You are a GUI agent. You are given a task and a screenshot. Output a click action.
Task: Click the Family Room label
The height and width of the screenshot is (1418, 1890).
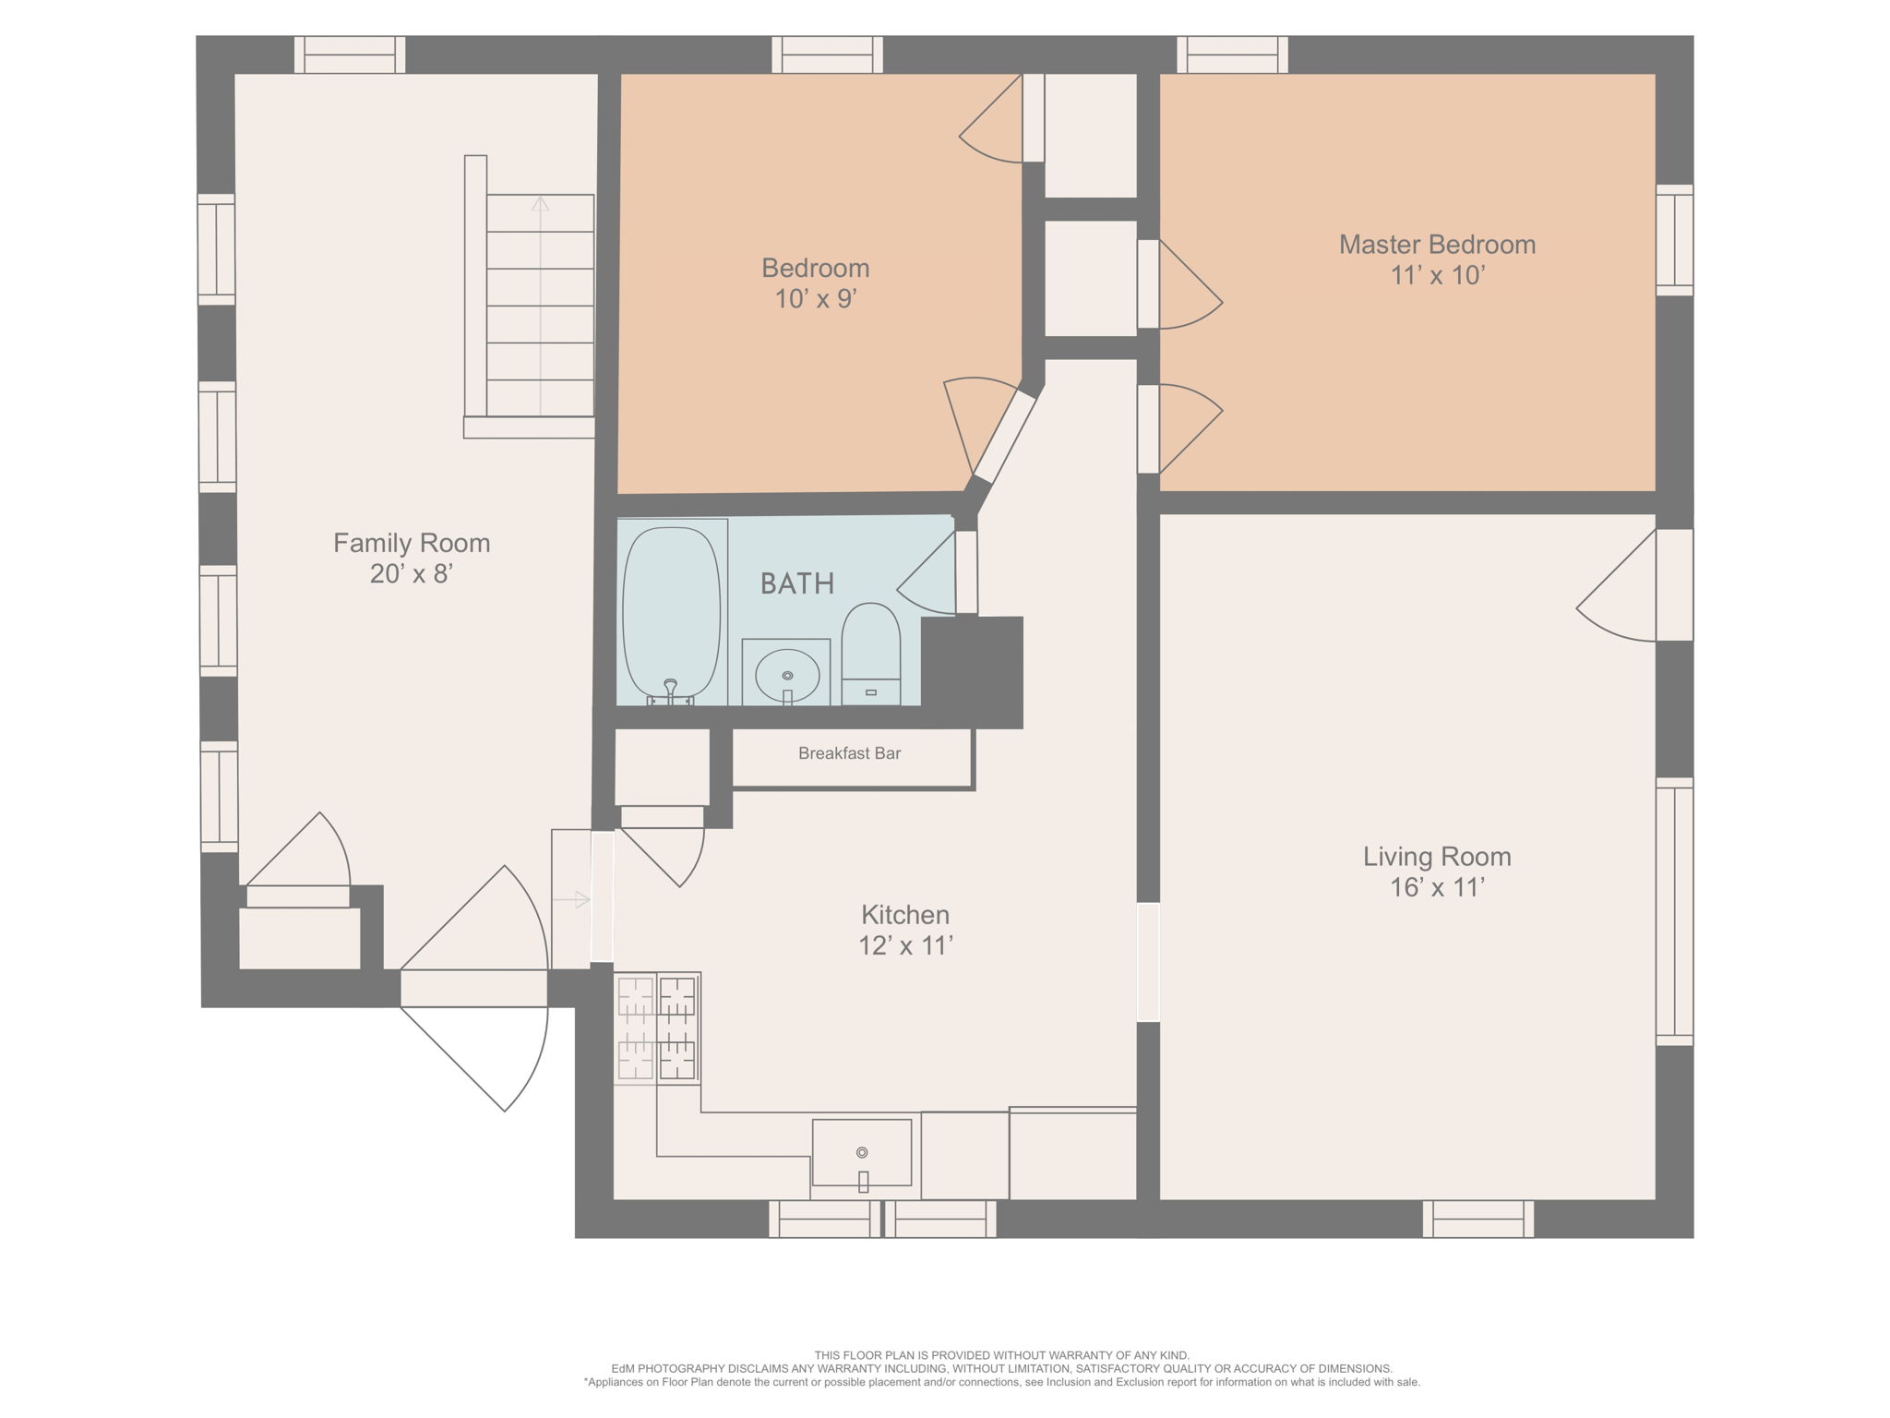click(x=412, y=543)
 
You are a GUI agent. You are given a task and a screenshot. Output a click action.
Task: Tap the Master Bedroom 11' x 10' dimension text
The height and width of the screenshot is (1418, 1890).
click(x=1437, y=275)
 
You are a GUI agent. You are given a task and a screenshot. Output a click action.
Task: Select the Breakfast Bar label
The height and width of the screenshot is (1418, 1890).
click(x=849, y=753)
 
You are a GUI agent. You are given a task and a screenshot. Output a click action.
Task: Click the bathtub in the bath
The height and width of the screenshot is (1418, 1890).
click(x=671, y=612)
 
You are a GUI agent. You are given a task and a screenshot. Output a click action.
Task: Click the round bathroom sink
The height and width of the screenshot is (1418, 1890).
click(x=787, y=676)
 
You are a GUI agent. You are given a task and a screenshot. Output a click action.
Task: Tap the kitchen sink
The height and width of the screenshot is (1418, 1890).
click(x=861, y=1153)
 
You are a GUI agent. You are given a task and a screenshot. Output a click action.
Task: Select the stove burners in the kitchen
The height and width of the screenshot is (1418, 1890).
click(x=657, y=1027)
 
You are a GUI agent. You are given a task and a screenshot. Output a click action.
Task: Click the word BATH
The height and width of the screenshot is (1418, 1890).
click(x=797, y=583)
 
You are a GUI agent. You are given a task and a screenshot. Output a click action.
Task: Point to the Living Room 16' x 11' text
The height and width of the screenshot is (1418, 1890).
click(x=1437, y=887)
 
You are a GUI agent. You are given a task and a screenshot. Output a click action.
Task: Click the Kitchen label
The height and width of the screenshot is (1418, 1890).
click(x=904, y=915)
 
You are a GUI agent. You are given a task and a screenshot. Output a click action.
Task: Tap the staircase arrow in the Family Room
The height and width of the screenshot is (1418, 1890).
click(x=540, y=205)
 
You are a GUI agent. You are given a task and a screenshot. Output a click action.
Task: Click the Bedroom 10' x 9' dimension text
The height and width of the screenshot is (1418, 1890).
click(x=816, y=299)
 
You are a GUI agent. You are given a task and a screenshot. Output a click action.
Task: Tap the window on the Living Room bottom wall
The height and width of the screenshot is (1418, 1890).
click(x=1477, y=1219)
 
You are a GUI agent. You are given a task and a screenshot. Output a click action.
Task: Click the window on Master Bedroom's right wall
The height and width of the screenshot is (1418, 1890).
click(x=1674, y=240)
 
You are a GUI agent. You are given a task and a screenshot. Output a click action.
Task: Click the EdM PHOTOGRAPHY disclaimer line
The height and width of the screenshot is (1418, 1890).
click(x=1001, y=1368)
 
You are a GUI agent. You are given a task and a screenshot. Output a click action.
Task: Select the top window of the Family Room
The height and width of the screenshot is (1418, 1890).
click(x=350, y=54)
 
